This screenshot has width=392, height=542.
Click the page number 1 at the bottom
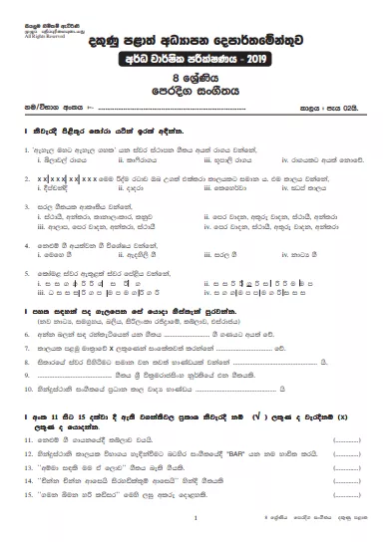(x=196, y=519)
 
